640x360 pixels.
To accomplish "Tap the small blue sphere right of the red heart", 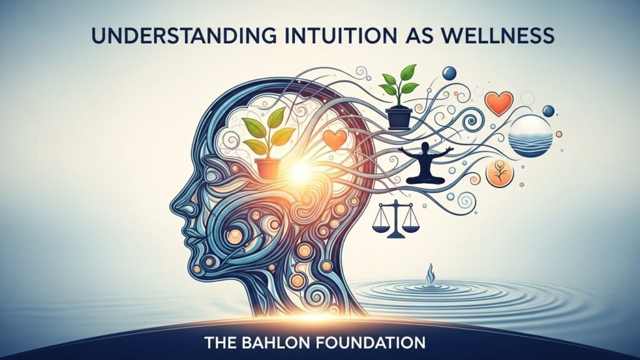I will (548, 111).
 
